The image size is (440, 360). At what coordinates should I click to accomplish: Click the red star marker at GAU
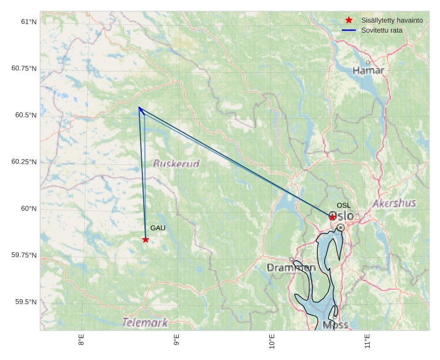(x=146, y=240)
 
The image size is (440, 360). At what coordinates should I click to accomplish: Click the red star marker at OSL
(x=333, y=217)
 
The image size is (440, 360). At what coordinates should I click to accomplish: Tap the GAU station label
(x=158, y=228)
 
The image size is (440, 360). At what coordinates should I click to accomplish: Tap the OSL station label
(x=343, y=206)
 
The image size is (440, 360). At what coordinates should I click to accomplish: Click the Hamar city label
(x=368, y=70)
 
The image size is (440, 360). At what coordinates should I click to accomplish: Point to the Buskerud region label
(x=176, y=164)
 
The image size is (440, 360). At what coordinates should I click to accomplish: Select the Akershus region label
(x=394, y=203)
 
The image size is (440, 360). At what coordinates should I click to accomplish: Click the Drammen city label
(x=291, y=268)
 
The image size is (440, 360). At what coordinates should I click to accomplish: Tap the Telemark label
(x=145, y=323)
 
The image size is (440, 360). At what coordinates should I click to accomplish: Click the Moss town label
(x=335, y=325)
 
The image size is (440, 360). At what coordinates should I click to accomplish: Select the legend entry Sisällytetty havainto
(x=392, y=20)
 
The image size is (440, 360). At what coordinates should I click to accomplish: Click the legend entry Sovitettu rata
(x=382, y=30)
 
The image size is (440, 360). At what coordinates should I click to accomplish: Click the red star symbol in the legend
(x=349, y=20)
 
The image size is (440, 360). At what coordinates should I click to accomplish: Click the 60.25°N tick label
(x=24, y=162)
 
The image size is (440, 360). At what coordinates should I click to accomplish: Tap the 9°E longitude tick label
(x=176, y=341)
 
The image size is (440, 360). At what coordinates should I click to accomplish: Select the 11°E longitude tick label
(x=367, y=341)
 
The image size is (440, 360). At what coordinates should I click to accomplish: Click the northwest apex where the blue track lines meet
(x=139, y=108)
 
